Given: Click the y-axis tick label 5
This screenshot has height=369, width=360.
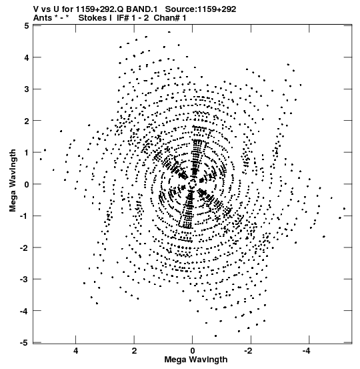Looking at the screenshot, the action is tap(27, 25).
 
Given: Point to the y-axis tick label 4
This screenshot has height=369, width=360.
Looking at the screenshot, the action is tap(27, 57).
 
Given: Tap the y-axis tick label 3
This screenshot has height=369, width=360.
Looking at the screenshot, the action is tap(27, 89).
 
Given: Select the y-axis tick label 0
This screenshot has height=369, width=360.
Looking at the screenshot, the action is tap(27, 184).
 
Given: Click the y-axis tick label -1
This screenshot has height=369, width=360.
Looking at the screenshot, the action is tap(25, 216).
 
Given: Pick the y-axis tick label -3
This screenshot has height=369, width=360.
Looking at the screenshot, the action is tap(25, 280).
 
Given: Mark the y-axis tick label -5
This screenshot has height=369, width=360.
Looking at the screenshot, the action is tap(25, 343).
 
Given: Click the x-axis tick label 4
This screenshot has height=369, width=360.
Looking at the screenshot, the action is tap(76, 351).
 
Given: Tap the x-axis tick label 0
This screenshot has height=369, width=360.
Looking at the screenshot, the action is tap(193, 351).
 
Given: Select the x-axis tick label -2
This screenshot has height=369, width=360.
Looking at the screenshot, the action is tap(249, 351).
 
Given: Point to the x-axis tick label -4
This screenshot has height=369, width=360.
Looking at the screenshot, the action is tap(307, 351).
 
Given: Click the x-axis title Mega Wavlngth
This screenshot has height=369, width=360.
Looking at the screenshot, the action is tap(195, 360).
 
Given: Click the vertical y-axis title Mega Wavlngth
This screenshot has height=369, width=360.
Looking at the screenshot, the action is tap(13, 181).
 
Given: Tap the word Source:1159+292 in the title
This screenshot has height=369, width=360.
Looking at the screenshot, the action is tap(201, 9).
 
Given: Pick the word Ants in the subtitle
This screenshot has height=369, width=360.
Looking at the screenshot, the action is tap(42, 18).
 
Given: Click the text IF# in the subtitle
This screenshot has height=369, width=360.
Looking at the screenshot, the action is tap(123, 18).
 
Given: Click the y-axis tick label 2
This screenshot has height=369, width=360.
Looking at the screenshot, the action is tap(27, 121).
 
